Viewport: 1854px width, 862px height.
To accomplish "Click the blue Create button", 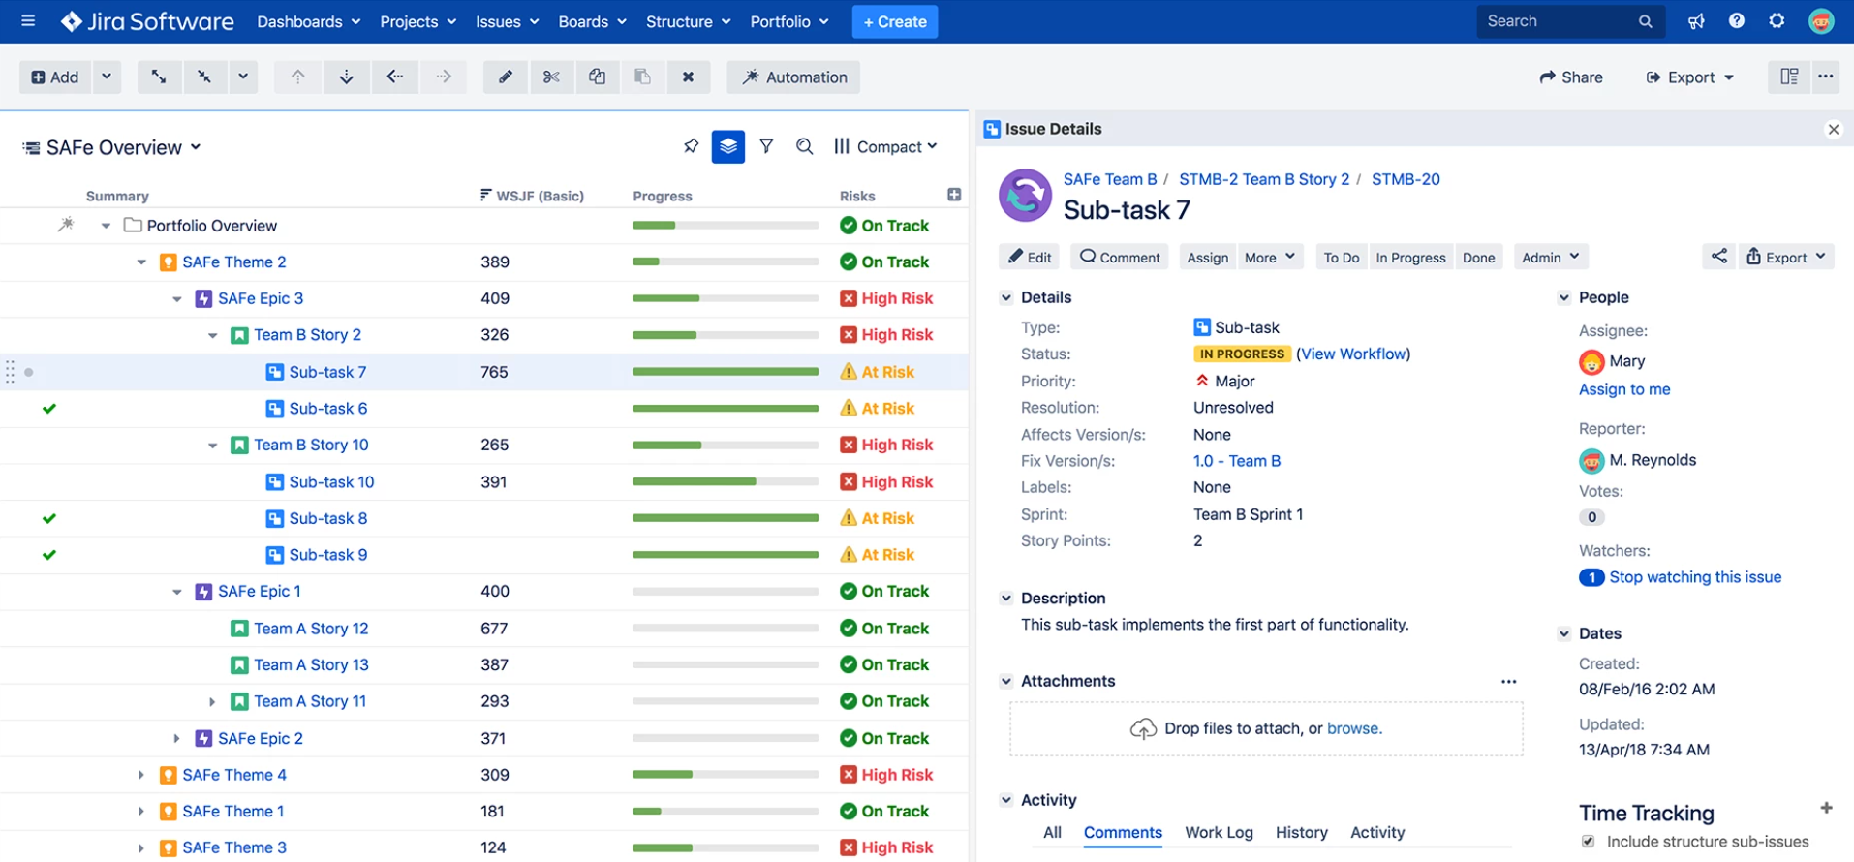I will [x=894, y=21].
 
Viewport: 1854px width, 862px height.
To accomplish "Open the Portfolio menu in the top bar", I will [x=788, y=21].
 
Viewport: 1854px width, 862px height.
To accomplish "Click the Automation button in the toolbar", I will [x=793, y=77].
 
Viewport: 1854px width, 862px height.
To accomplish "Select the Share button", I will [x=1571, y=77].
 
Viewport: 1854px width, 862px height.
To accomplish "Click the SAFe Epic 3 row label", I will [x=260, y=298].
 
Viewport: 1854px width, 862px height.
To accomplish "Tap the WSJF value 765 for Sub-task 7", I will [x=494, y=372].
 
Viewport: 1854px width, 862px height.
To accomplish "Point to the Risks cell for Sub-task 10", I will [x=886, y=481].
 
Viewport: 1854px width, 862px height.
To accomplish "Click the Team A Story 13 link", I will [x=311, y=664].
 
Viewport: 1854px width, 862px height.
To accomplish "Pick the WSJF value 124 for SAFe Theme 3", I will [x=493, y=847].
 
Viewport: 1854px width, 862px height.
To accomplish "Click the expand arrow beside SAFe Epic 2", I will [x=176, y=738].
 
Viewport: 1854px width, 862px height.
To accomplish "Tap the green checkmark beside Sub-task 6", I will [x=49, y=409].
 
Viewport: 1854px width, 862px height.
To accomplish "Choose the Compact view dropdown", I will [x=885, y=146].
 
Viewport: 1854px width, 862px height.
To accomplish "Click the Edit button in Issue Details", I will [x=1030, y=257].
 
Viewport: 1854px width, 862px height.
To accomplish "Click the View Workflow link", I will [x=1353, y=354].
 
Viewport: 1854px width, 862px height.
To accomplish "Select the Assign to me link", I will [x=1623, y=389].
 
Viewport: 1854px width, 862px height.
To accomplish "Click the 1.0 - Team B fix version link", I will [x=1236, y=461].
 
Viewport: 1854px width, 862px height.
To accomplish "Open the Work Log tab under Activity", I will [x=1219, y=832].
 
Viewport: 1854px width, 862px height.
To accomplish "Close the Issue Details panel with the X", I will [x=1833, y=129].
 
